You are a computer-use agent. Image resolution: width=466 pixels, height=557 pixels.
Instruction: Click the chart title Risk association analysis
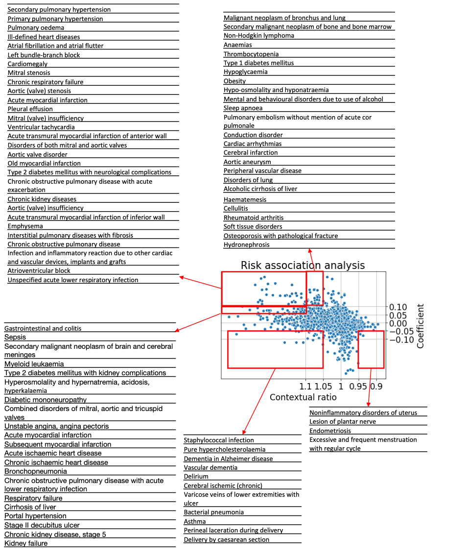(x=303, y=266)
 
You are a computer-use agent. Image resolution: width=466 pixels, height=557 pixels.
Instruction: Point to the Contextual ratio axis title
(x=303, y=397)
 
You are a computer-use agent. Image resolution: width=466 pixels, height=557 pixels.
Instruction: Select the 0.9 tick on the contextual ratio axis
(x=376, y=386)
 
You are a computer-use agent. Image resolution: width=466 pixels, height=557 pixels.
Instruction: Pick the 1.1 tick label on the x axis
(x=305, y=386)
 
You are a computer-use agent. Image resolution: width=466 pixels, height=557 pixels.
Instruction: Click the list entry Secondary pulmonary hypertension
(x=59, y=10)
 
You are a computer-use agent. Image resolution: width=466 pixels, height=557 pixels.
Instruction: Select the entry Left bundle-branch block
(x=44, y=55)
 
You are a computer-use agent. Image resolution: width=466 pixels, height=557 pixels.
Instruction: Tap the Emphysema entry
(x=25, y=226)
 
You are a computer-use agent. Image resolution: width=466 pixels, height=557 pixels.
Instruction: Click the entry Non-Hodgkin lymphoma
(x=259, y=36)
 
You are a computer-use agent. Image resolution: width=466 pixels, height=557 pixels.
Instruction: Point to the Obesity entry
(x=235, y=81)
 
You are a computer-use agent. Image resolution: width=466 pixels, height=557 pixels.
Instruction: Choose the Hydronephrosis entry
(x=247, y=244)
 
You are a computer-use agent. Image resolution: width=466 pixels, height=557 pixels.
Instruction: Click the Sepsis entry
(x=15, y=337)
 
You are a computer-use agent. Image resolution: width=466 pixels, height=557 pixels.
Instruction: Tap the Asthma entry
(x=195, y=521)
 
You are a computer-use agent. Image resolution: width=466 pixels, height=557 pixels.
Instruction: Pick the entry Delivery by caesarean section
(x=227, y=539)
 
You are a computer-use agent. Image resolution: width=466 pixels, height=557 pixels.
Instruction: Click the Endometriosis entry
(x=330, y=431)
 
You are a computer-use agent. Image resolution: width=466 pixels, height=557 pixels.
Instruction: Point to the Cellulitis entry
(x=236, y=208)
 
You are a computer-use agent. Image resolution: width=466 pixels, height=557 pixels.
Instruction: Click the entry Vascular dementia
(x=211, y=467)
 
